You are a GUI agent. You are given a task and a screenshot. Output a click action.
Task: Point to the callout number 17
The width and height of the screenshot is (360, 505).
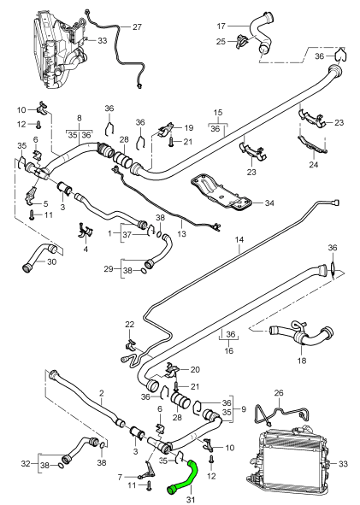tap(221, 26)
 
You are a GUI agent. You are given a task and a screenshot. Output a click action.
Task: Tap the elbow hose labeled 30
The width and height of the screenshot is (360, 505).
tap(38, 253)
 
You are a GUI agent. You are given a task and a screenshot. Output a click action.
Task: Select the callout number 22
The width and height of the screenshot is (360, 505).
tap(130, 324)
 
